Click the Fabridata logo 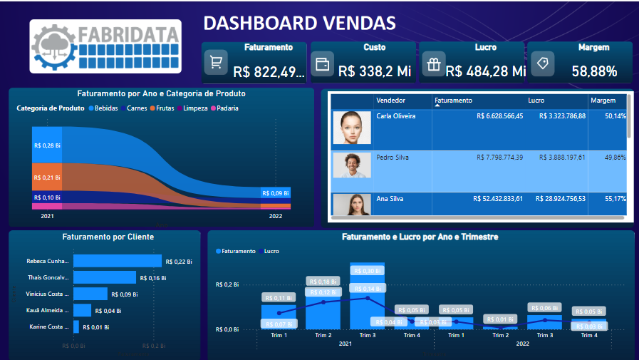[105, 46]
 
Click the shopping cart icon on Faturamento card [215, 62]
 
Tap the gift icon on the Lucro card [433, 64]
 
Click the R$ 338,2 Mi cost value [375, 71]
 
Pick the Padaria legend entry [224, 108]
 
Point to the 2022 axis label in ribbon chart [276, 215]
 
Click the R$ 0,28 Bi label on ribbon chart [47, 145]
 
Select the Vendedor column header [390, 101]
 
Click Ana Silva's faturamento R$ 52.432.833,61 [498, 199]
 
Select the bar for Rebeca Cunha [118, 261]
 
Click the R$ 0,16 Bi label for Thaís [152, 277]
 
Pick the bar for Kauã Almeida [83, 310]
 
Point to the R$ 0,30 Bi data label [368, 271]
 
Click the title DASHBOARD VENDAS [299, 23]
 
